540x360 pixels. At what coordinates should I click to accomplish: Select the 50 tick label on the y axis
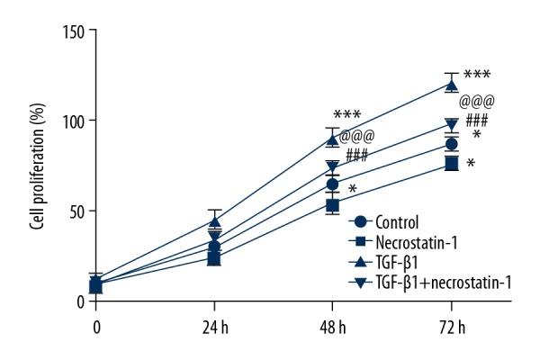coord(76,211)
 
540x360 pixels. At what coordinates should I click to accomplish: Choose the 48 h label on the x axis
coord(332,326)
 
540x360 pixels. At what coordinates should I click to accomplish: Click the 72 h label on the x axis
coord(451,326)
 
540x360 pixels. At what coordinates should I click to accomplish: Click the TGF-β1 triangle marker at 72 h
coord(452,84)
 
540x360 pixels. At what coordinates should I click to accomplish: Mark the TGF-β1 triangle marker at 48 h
coord(333,139)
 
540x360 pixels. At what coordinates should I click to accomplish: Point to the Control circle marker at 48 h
coord(333,184)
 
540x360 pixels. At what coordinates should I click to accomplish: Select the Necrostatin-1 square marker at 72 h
coord(452,163)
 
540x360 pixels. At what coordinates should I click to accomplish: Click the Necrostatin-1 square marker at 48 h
coord(333,205)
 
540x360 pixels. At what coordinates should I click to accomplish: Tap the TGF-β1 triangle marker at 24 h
coord(214,220)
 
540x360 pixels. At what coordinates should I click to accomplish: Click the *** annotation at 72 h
coord(476,76)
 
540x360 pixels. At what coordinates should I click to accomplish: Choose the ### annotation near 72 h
coord(477,120)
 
